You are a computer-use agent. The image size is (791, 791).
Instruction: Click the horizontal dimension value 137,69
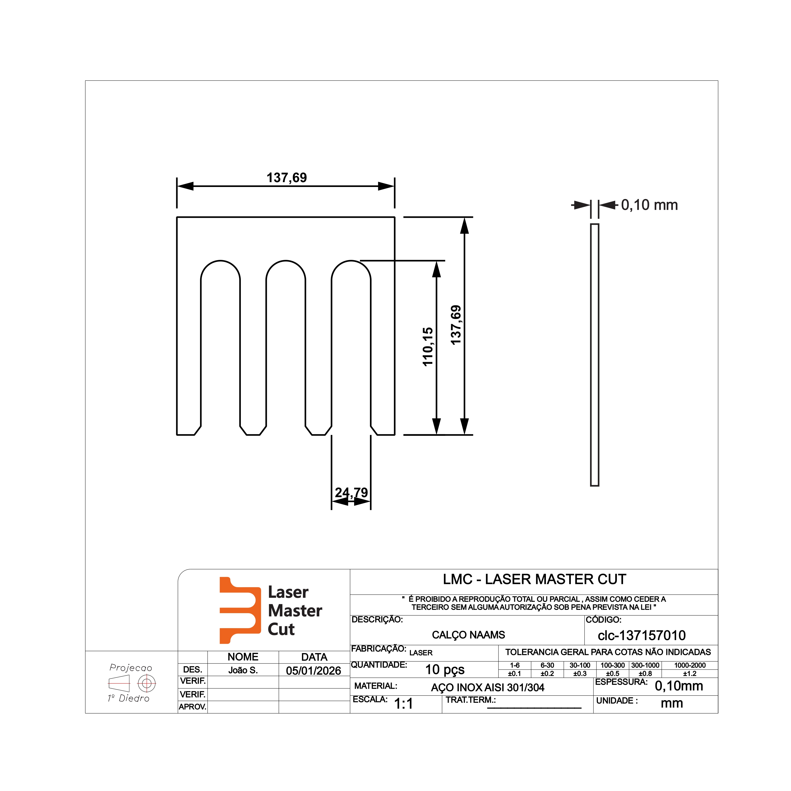pyautogui.click(x=287, y=178)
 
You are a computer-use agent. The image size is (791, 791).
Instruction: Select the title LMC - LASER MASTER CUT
pyautogui.click(x=534, y=579)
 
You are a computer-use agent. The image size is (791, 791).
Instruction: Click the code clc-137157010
pyautogui.click(x=642, y=635)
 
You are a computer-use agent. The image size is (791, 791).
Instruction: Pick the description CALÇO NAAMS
pyautogui.click(x=468, y=635)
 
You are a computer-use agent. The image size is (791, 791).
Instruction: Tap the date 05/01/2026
pyautogui.click(x=314, y=671)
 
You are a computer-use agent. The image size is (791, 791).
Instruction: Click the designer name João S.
pyautogui.click(x=243, y=670)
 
